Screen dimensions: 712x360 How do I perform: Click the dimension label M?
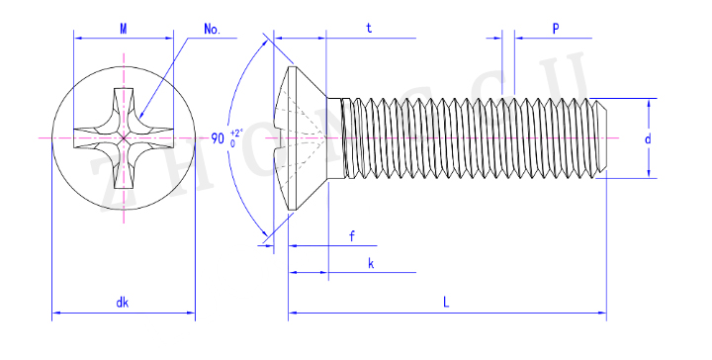[x=124, y=29]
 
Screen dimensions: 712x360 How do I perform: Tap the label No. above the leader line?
[x=212, y=29]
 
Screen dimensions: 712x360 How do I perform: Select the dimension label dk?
[x=123, y=303]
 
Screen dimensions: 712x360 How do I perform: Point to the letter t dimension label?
[x=369, y=29]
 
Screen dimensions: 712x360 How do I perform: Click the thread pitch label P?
[x=556, y=29]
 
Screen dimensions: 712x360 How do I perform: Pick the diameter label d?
[x=648, y=138]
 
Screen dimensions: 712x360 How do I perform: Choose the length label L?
[x=446, y=303]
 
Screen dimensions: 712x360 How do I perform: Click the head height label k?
[x=371, y=263]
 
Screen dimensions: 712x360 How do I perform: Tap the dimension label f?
[x=352, y=236]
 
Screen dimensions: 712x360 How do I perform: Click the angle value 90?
[x=218, y=138]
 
